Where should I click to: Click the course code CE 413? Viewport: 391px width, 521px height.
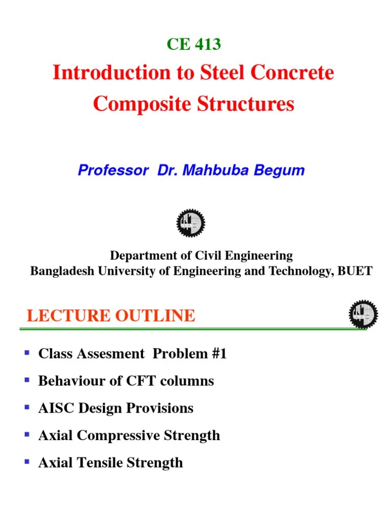click(193, 45)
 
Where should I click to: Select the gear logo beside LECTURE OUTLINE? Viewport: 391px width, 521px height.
click(363, 314)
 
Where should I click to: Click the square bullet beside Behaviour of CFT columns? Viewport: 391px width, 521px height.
click(28, 380)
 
